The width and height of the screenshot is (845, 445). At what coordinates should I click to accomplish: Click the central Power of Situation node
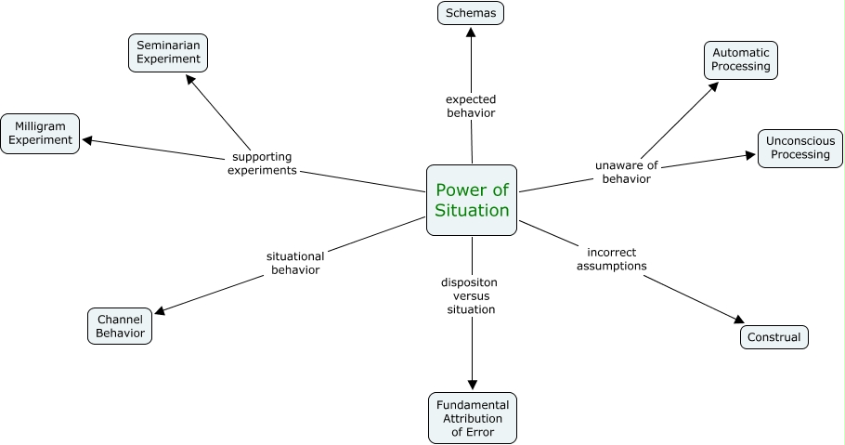pos(472,200)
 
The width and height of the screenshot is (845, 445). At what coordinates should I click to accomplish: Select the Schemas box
pos(471,13)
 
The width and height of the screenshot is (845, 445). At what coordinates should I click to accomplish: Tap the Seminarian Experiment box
pos(168,52)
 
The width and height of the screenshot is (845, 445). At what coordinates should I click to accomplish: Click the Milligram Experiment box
pos(41,133)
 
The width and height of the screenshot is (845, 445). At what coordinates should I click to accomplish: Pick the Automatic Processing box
pos(740,59)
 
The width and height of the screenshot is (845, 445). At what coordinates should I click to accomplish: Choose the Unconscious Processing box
pos(799,148)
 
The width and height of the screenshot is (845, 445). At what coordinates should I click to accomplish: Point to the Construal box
pos(774,337)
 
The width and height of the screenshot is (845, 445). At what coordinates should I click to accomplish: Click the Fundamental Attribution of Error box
pos(473,418)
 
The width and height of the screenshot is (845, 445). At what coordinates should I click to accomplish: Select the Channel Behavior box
pos(120,325)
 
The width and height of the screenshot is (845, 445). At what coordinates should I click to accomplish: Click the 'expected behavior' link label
pos(471,106)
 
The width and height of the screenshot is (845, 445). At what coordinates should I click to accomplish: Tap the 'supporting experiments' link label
pos(263,164)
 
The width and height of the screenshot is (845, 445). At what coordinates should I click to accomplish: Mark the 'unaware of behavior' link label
pos(626,172)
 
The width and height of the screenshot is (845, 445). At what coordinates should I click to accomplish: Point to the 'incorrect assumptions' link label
pos(611,258)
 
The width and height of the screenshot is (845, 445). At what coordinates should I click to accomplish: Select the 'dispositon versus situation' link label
pos(471,295)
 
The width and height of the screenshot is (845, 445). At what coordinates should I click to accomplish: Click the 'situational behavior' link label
pos(295,263)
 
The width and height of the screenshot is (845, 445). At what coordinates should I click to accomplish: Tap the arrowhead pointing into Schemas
pos(471,32)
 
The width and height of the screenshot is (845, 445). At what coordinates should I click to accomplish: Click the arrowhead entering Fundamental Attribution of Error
pos(473,385)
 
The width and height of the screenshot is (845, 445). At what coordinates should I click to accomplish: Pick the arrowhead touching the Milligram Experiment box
pos(87,141)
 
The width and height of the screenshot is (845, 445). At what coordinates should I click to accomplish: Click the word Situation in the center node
pos(472,210)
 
